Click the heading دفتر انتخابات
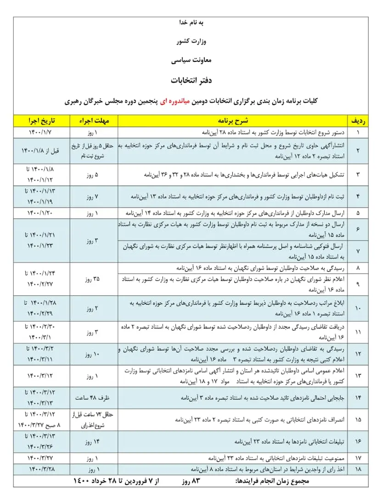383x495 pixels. click(190, 80)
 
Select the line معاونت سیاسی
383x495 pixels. click(191, 60)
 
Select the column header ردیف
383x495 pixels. click(358, 121)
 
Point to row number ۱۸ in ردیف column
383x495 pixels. click(358, 469)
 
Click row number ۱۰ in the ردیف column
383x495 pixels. click(358, 308)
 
